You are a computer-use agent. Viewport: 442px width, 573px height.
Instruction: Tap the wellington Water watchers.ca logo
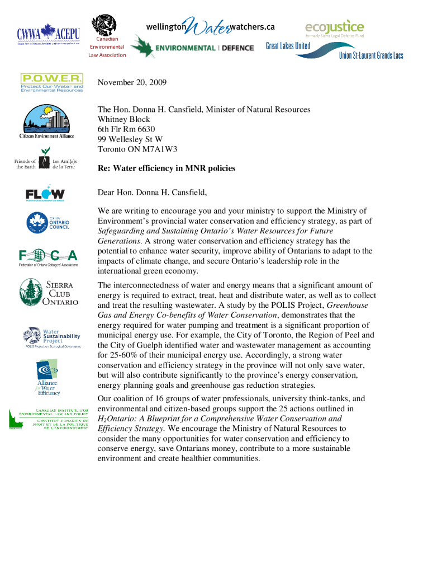(210, 26)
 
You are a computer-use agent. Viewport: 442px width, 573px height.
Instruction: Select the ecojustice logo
(334, 28)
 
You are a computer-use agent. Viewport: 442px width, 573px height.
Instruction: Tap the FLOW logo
(45, 194)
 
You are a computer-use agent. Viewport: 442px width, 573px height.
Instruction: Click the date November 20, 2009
(132, 83)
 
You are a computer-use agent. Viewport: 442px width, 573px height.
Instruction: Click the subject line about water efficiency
(167, 168)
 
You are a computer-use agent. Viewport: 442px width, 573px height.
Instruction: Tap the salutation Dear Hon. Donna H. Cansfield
(152, 192)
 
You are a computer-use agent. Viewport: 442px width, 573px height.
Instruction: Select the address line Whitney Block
(124, 119)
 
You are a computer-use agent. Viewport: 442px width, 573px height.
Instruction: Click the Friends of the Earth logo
(45, 164)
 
